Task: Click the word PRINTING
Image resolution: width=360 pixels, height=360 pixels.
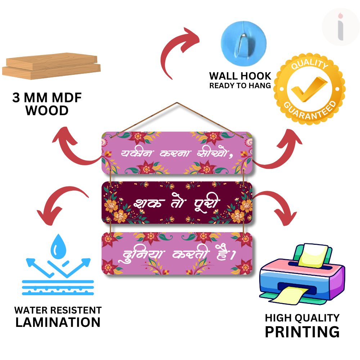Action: pyautogui.click(x=302, y=332)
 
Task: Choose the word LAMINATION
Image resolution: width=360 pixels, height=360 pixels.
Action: pyautogui.click(x=58, y=322)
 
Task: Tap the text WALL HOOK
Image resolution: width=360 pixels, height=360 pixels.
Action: pyautogui.click(x=240, y=76)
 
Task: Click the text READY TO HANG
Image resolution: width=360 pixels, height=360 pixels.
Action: pyautogui.click(x=240, y=86)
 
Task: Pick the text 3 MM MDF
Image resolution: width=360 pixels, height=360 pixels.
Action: pyautogui.click(x=47, y=98)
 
